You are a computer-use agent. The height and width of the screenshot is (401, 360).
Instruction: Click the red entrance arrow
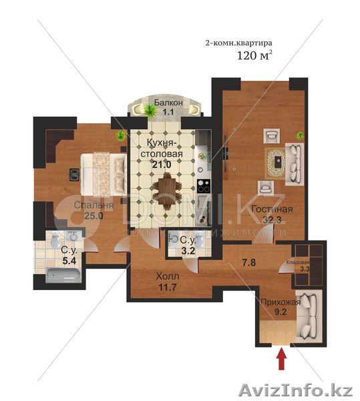pos(281,360)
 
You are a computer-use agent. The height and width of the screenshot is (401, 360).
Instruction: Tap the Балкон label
pos(165,103)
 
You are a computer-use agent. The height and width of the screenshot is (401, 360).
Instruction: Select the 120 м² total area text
pos(254,56)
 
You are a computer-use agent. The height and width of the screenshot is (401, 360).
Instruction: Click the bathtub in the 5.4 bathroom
pos(62,274)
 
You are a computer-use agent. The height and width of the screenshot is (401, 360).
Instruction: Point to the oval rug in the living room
pos(275,160)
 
